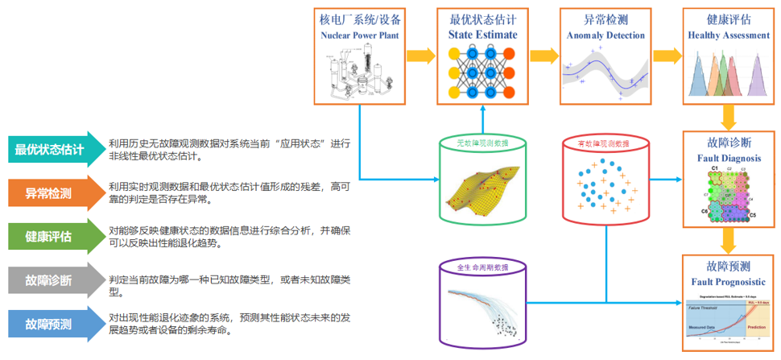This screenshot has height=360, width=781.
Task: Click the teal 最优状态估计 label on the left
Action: point(50,150)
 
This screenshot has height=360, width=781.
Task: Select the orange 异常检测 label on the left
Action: point(50,193)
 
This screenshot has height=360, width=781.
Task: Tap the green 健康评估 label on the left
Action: point(50,237)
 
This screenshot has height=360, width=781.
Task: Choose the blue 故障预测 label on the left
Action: point(50,324)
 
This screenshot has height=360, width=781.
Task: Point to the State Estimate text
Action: point(482,35)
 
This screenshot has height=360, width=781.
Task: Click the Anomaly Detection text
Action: point(605,35)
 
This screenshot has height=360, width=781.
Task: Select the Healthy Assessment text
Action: point(729,35)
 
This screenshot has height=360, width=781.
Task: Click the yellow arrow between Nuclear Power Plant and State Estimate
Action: point(419,56)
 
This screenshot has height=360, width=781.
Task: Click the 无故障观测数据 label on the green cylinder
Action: point(482,143)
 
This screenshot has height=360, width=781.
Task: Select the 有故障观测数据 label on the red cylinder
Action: point(605,143)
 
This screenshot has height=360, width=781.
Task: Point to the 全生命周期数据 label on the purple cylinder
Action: point(482,267)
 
